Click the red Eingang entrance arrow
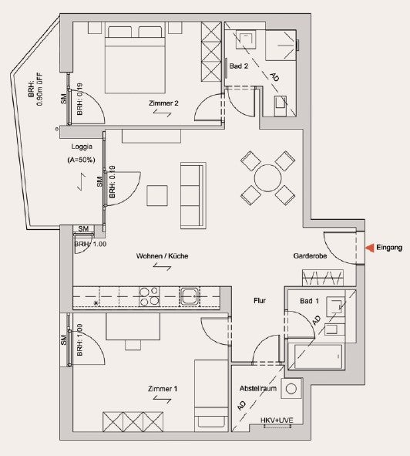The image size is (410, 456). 370,248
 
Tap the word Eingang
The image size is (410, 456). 389,248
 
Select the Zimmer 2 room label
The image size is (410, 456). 163,103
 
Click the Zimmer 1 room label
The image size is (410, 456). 163,389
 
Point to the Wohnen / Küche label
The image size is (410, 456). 162,256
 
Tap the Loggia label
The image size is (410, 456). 82,147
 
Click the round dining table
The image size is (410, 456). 268,178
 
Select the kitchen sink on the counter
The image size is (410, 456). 190,296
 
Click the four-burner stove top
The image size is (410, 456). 149,296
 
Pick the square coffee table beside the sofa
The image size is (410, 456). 157,196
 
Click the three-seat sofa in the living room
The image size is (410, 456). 193,196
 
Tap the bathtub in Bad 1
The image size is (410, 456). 320,356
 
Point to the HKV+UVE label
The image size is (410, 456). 277,421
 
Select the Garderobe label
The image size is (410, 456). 310,256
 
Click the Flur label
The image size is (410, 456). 260,301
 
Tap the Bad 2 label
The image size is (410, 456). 239,66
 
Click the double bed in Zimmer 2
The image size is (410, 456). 135,59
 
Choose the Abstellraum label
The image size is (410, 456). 258,389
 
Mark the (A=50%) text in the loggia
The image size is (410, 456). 82,160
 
